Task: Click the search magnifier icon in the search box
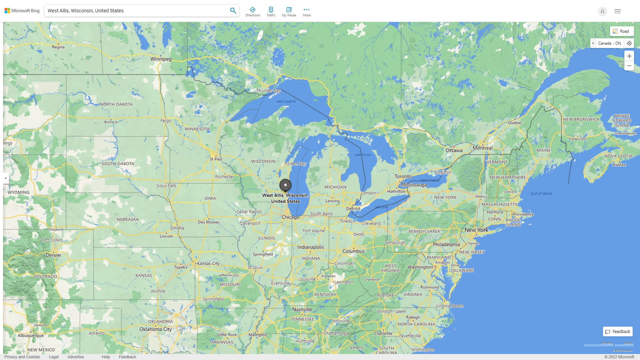(x=233, y=11)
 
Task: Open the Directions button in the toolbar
(x=252, y=12)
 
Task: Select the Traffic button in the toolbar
(x=271, y=12)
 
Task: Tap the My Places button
(x=289, y=12)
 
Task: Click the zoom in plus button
(x=629, y=56)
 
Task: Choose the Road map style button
(x=622, y=31)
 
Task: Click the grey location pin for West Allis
(x=285, y=185)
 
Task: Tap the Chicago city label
(x=291, y=217)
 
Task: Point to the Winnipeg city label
(x=161, y=59)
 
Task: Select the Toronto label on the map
(x=403, y=176)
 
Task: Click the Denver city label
(x=53, y=255)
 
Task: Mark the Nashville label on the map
(x=302, y=309)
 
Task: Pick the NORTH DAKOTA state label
(x=116, y=104)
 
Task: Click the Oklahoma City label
(x=155, y=329)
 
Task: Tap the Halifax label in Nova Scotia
(x=619, y=165)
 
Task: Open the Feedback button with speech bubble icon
(x=618, y=331)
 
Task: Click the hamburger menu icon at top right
(x=618, y=11)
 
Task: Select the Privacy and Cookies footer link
(x=22, y=357)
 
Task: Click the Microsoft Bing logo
(x=22, y=11)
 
